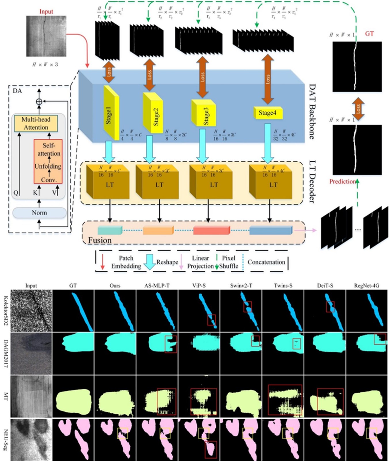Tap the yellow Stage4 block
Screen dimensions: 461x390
tap(268, 113)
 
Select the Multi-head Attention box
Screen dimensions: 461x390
tap(36, 123)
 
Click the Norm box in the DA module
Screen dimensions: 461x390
tap(39, 213)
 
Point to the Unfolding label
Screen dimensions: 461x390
tap(48, 166)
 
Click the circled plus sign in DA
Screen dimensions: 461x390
tap(39, 101)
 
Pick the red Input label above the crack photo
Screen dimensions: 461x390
tap(46, 12)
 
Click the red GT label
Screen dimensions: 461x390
tap(369, 34)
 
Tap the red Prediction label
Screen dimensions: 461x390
tap(342, 182)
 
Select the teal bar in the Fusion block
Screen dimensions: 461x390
tap(110, 230)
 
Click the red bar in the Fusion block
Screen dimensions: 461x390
tap(211, 230)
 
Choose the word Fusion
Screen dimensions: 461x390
tap(100, 240)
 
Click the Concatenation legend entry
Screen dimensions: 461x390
tap(266, 262)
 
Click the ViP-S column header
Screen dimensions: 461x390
tap(199, 286)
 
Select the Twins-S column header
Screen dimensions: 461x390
tap(283, 286)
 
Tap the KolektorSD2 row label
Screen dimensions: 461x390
tap(5, 311)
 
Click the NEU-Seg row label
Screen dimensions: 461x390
tap(5, 439)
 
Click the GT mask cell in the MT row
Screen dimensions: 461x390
tap(73, 396)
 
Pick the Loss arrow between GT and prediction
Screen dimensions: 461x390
tap(358, 109)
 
